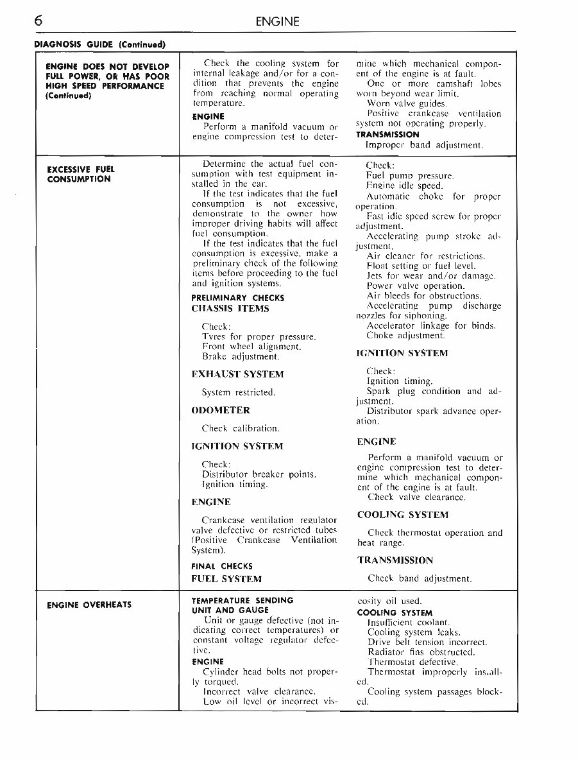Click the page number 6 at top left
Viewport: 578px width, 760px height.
click(x=39, y=21)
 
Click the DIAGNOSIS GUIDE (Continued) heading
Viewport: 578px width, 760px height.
click(x=99, y=44)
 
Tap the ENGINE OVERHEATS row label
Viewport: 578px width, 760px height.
click(x=89, y=605)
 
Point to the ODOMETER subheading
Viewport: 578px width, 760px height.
click(x=221, y=410)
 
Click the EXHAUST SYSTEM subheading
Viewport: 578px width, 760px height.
click(x=237, y=374)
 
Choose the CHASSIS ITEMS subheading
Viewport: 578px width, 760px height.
click(x=230, y=308)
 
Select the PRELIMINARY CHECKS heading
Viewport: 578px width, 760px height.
click(x=237, y=298)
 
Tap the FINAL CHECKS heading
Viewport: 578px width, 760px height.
click(x=222, y=566)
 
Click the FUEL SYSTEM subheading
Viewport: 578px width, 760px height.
click(x=226, y=579)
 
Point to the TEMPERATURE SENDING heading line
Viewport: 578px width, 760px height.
click(x=242, y=600)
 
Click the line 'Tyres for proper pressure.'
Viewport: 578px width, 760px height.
click(x=259, y=336)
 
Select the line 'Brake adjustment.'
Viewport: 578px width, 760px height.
click(x=241, y=356)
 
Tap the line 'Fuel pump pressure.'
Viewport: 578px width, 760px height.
click(x=410, y=175)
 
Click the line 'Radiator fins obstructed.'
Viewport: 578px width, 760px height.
click(x=421, y=652)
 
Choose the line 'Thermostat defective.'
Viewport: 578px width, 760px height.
click(x=412, y=662)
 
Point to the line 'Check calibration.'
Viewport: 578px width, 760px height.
click(x=241, y=428)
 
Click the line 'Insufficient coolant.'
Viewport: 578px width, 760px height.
click(x=409, y=623)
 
